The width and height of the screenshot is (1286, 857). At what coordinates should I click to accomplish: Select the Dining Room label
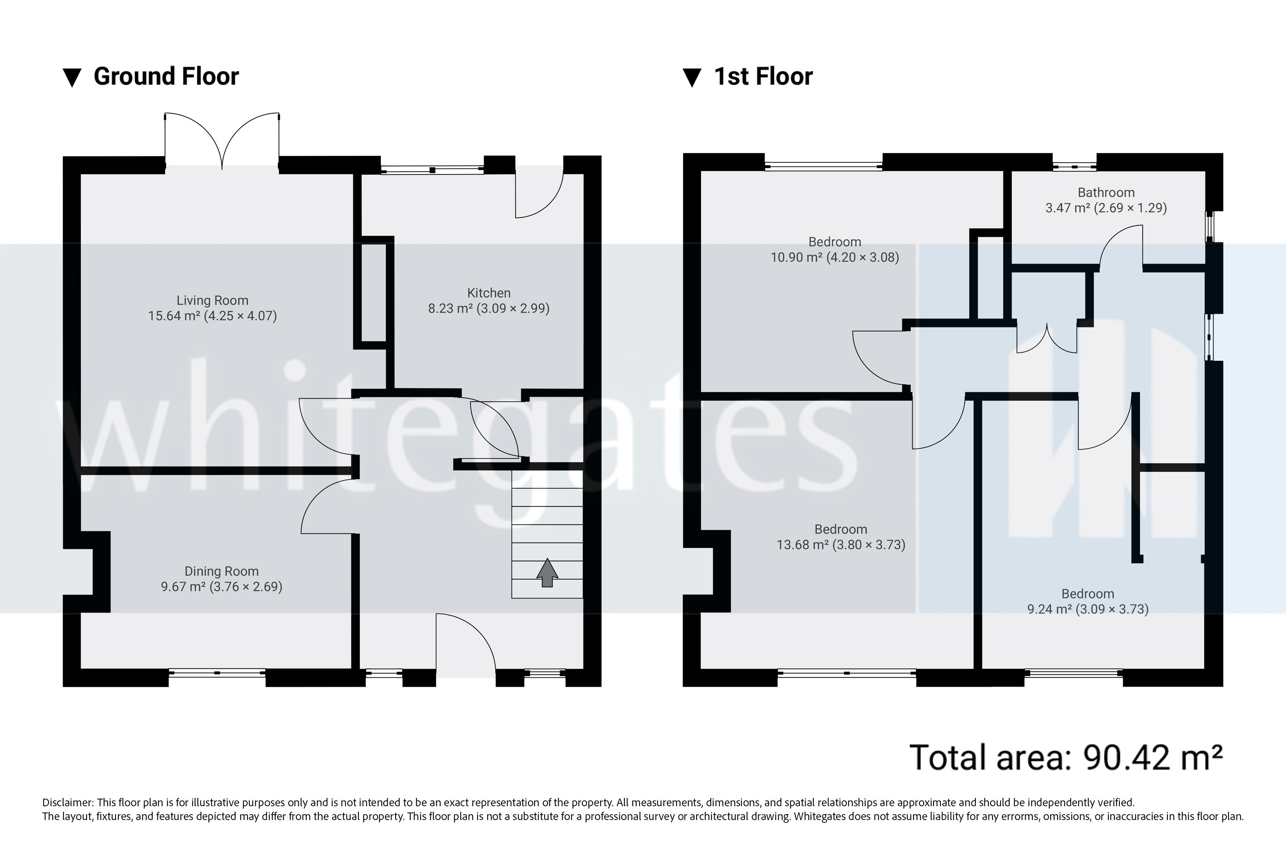tap(221, 571)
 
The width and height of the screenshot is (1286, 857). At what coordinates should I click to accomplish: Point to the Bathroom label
tap(1106, 192)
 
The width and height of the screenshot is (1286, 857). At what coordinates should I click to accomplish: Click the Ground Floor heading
tap(166, 77)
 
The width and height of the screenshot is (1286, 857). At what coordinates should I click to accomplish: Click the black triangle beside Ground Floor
tap(72, 78)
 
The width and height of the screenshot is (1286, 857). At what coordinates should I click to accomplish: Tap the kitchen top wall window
tap(432, 170)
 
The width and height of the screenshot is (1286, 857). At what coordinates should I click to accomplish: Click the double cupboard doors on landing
tap(1047, 339)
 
